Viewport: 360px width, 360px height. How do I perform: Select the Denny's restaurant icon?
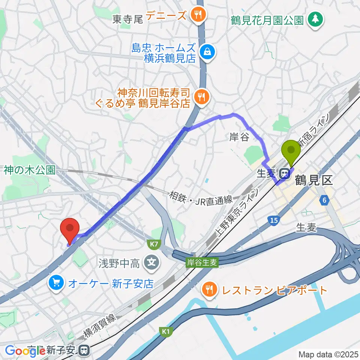197,15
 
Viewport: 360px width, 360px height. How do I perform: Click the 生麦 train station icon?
284,173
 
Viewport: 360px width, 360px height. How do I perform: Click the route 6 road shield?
323,201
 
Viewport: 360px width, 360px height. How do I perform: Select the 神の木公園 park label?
30,170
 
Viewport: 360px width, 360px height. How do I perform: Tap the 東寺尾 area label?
128,19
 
